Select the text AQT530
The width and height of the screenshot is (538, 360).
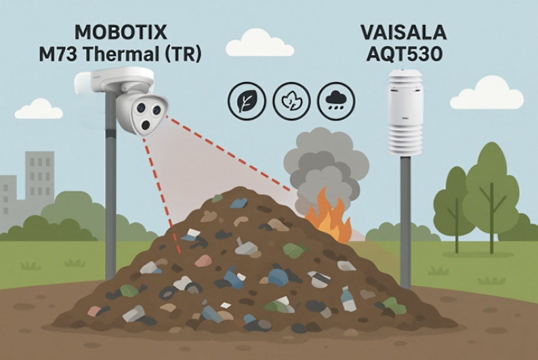click(x=404, y=54)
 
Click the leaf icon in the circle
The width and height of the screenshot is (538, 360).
click(x=247, y=101)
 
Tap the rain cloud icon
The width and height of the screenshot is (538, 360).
click(x=336, y=101)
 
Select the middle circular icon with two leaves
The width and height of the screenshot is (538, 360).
click(x=291, y=101)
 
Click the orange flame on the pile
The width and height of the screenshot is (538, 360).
click(x=329, y=216)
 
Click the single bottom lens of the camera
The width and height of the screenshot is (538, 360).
click(x=146, y=125)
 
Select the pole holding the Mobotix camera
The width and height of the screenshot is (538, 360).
click(x=110, y=186)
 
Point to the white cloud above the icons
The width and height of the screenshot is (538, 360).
click(x=260, y=43)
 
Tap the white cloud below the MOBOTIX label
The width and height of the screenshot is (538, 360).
click(x=39, y=109)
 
